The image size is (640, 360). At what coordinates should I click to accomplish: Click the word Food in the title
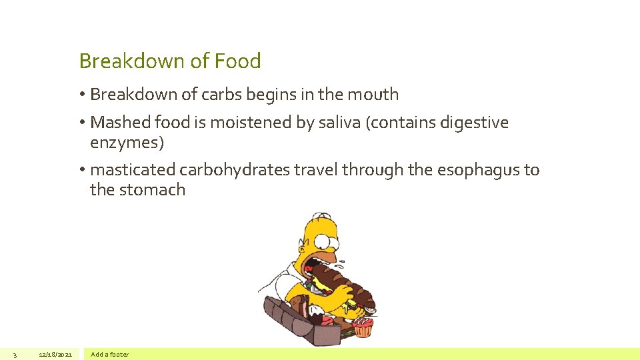click(237, 61)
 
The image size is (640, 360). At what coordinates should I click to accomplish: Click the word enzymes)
click(127, 143)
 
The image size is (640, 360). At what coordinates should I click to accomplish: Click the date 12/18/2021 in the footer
click(55, 354)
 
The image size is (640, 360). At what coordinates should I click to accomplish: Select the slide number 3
click(15, 354)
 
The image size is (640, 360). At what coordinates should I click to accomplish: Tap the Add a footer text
click(109, 354)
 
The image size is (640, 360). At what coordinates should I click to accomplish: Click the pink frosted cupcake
click(363, 327)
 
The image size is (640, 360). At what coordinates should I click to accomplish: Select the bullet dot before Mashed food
click(82, 123)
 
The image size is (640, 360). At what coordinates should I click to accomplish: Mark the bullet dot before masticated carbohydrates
click(82, 170)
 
